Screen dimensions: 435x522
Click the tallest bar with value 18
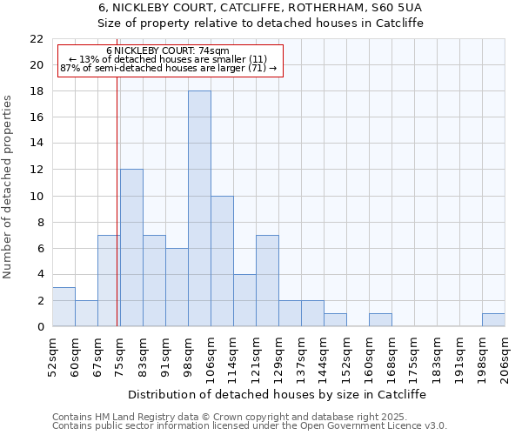pos(199,209)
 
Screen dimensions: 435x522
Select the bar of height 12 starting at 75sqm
pos(131,248)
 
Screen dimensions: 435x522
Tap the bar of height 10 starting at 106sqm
pos(222,261)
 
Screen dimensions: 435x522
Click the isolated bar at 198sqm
pos(493,319)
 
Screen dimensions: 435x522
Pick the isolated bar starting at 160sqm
pos(380,319)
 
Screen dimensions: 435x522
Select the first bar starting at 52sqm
pos(64,306)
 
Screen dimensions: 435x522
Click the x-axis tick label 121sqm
pos(257,355)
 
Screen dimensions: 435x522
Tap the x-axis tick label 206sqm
pos(505,355)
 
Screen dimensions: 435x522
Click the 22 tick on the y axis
pos(37,39)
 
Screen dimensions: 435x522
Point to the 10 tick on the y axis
pos(37,196)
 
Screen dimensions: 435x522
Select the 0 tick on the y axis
pos(40,326)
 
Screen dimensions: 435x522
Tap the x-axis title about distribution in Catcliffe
pos(278,394)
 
